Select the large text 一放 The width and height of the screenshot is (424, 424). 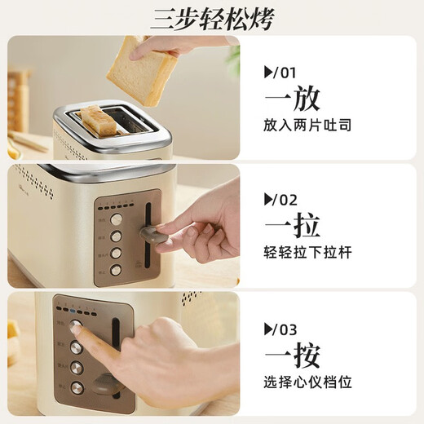coord(292,98)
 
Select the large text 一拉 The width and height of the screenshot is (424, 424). coord(292,226)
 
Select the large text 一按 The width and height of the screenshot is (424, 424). coord(292,356)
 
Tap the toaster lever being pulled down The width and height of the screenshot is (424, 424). coord(152,234)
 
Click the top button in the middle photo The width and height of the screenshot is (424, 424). coord(117,219)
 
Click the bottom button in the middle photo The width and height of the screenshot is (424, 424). coord(116,270)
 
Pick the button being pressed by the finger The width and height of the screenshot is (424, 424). coord(77,325)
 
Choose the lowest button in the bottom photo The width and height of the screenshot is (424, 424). coord(77,387)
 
